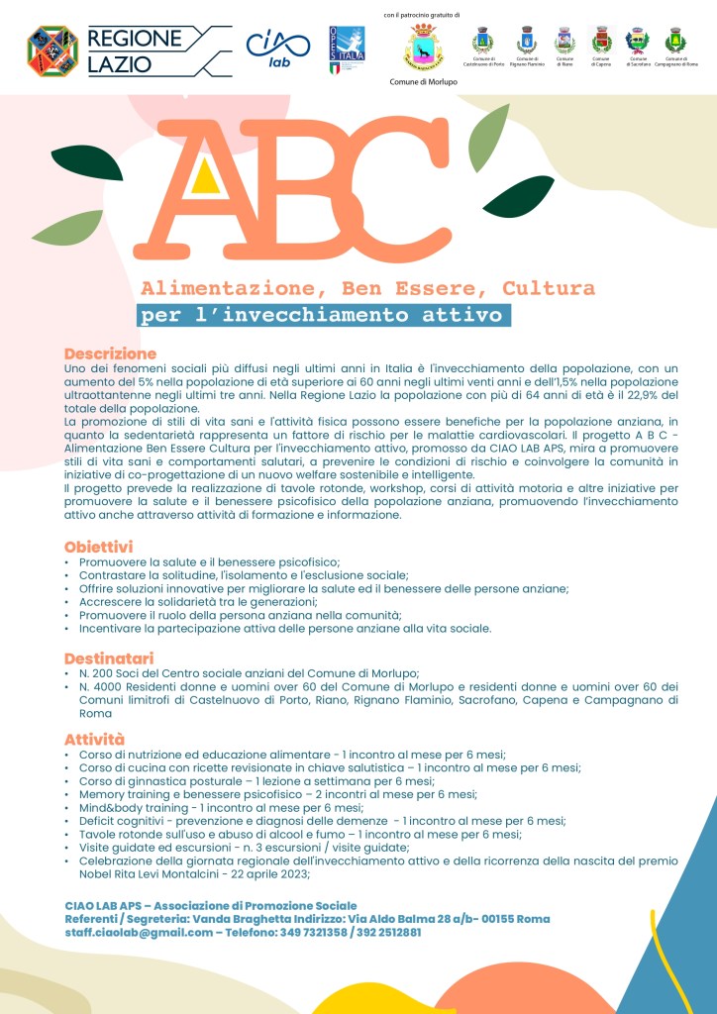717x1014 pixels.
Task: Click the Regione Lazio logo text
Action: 136,51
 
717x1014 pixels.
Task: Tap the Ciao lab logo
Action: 270,48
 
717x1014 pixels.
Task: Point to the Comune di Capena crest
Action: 601,40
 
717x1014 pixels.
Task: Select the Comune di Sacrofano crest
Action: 638,40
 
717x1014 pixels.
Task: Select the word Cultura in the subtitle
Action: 549,289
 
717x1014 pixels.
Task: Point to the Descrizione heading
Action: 110,354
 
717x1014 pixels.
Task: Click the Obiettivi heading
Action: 98,547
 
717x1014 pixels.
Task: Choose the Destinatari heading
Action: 109,658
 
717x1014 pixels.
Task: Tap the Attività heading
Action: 94,739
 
